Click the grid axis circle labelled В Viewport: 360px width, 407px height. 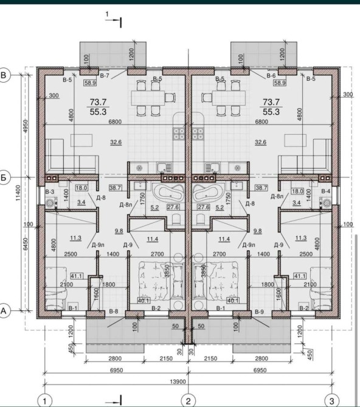[4, 75]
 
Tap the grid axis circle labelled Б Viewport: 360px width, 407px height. [4, 177]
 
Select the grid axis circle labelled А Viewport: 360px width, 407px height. [4, 310]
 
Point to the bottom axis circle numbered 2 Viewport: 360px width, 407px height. [188, 401]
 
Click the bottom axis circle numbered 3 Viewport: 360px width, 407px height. [332, 401]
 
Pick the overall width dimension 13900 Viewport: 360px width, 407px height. [178, 381]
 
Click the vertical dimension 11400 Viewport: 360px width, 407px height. [18, 193]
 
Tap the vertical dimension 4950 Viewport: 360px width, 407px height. [25, 126]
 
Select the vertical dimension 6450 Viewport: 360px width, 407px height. [25, 244]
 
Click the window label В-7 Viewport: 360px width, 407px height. [105, 75]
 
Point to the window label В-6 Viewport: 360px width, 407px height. [271, 75]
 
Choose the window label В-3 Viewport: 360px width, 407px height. [50, 192]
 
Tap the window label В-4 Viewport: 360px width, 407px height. [326, 191]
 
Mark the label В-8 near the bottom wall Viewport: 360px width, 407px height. [114, 311]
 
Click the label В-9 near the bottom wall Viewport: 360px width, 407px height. [260, 312]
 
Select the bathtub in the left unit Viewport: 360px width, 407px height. [168, 193]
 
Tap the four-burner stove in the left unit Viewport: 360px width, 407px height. [179, 134]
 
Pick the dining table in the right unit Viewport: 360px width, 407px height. [229, 98]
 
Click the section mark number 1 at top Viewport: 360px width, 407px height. [107, 15]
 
